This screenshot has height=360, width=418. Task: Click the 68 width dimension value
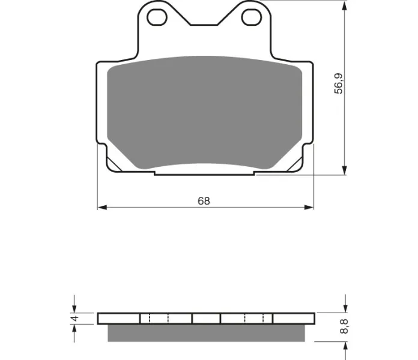click(204, 201)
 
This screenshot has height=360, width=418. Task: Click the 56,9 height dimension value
click(339, 83)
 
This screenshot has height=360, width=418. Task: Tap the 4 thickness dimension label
click(76, 318)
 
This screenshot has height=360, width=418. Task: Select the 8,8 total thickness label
click(344, 326)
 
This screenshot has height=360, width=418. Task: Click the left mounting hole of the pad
click(157, 17)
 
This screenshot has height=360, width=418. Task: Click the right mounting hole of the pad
click(252, 17)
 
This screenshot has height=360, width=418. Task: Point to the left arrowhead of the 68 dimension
click(102, 208)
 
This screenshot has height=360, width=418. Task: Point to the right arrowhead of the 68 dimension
click(309, 208)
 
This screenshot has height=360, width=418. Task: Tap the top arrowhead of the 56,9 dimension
click(345, 6)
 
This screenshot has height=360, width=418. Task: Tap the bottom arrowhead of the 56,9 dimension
click(345, 170)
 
